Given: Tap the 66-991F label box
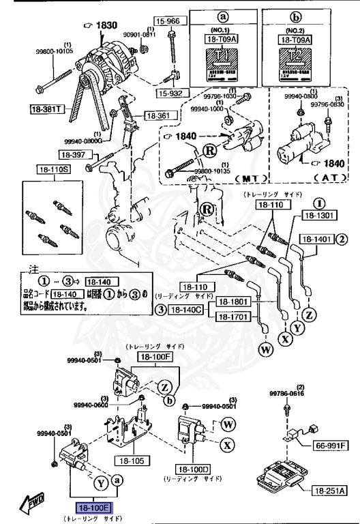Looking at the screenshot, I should tap(331, 446).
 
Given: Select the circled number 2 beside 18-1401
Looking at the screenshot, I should tap(342, 239).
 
